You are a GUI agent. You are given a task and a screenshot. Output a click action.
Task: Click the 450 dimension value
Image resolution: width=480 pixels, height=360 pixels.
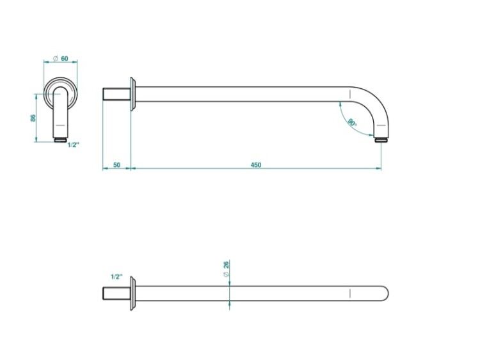(256, 165)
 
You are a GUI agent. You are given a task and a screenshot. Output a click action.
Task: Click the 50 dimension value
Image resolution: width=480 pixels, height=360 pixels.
(116, 165)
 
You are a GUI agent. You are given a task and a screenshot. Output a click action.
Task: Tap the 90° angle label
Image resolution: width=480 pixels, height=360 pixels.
(352, 122)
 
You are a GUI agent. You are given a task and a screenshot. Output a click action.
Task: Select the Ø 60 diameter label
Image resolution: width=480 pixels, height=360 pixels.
(61, 58)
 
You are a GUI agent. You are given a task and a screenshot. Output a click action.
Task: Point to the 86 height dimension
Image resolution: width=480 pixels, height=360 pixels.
(33, 118)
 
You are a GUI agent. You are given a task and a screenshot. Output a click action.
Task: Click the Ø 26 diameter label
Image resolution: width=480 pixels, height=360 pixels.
(226, 269)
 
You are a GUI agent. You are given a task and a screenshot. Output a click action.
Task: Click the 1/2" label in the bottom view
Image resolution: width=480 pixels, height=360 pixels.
(116, 277)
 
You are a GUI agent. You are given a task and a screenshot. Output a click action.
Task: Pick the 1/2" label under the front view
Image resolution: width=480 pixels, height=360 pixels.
(73, 145)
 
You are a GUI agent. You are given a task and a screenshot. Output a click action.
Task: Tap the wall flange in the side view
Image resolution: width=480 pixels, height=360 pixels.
(132, 94)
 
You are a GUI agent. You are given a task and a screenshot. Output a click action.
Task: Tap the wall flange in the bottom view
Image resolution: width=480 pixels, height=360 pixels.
(132, 293)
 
